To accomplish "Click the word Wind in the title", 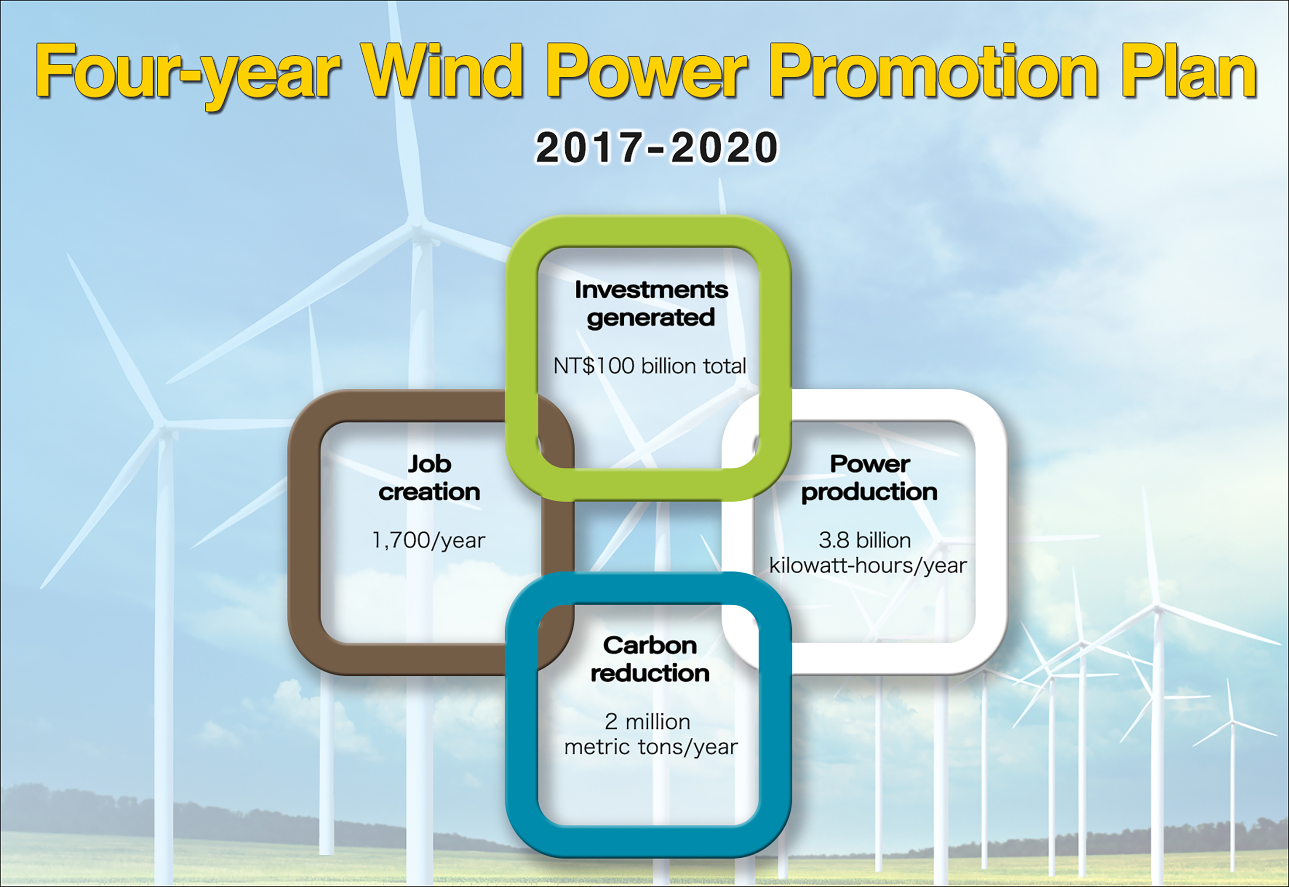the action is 443,71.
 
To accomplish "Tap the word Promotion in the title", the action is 933,72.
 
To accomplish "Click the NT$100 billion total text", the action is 650,366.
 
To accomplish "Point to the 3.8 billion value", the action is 865,540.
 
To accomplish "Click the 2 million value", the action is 648,721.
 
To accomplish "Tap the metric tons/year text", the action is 651,747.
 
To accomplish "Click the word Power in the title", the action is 647,71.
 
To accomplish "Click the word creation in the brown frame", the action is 429,492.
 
